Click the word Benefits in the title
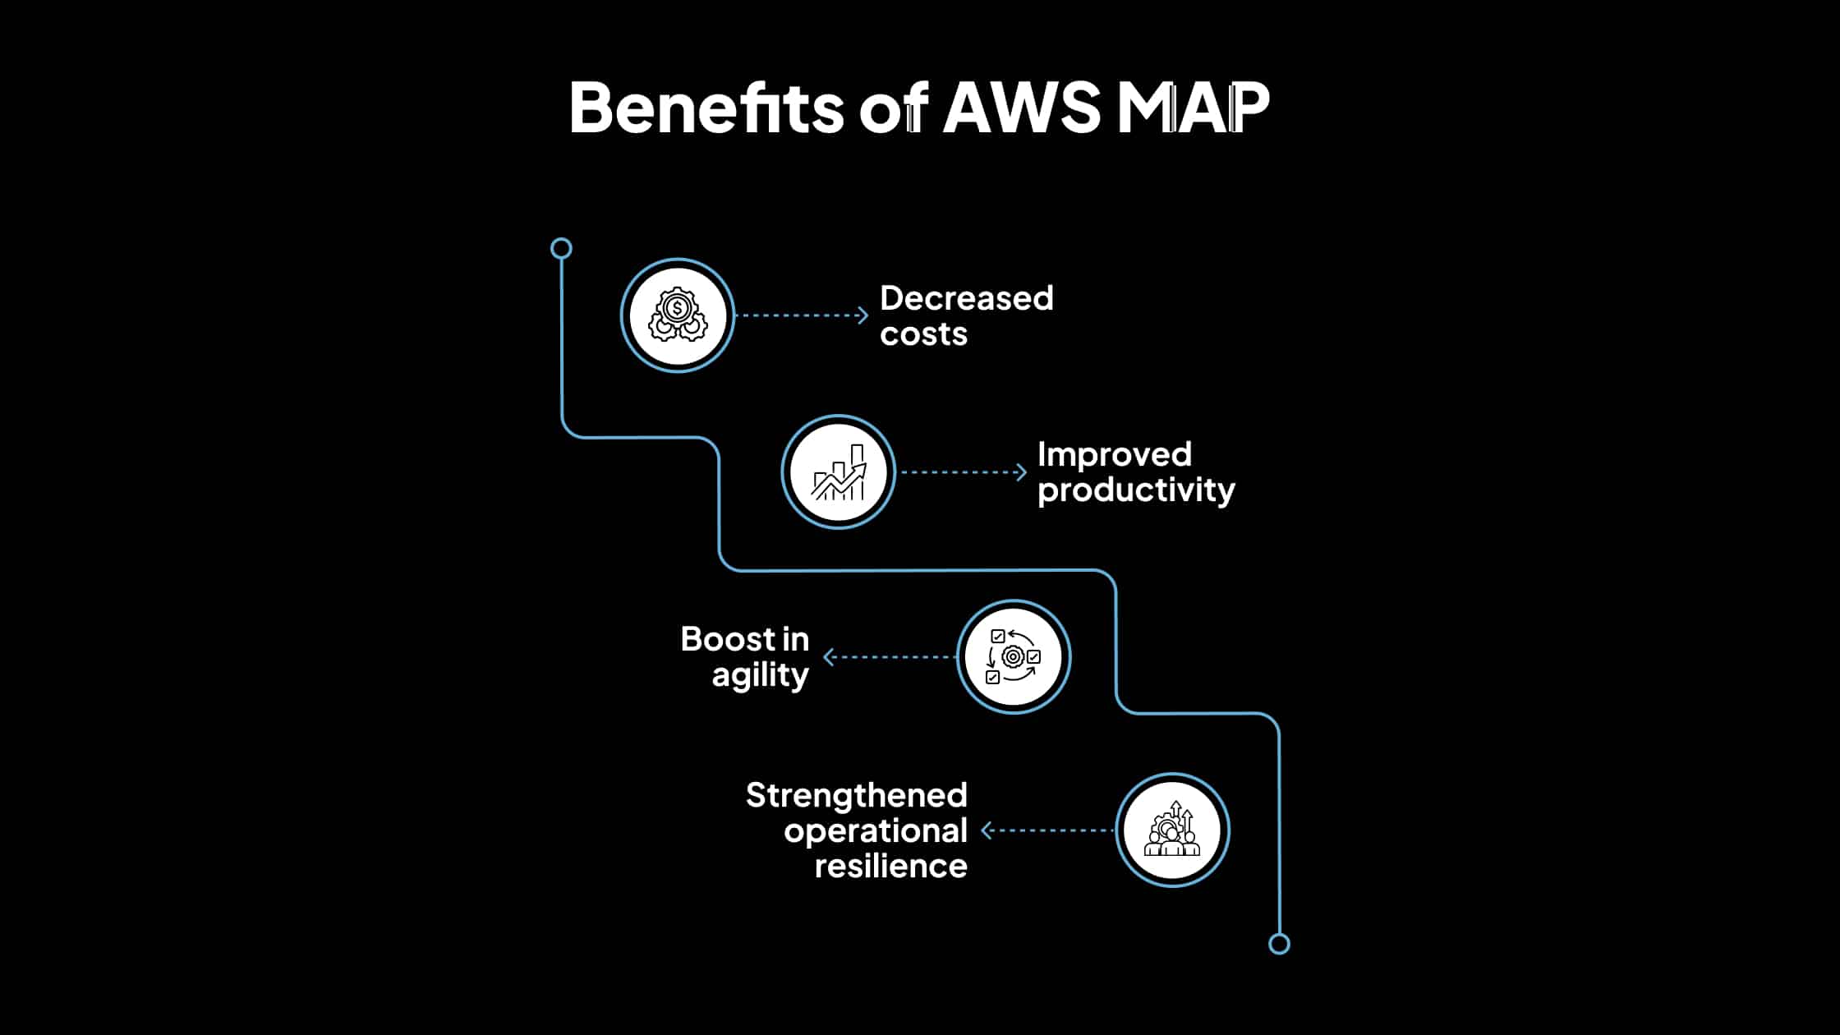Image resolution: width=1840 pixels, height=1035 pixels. [706, 108]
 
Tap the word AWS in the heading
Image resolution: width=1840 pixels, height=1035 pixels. [1021, 108]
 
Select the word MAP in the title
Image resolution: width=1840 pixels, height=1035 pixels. [1193, 108]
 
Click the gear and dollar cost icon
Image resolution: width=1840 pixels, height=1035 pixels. [678, 316]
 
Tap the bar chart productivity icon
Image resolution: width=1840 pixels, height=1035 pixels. [839, 472]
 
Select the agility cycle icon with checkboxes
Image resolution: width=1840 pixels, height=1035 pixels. [1014, 657]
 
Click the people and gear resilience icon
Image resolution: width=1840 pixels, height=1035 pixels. [1172, 830]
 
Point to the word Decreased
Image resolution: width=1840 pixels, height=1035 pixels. [966, 298]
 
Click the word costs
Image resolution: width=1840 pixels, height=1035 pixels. [923, 334]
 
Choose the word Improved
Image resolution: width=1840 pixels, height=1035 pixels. [1114, 454]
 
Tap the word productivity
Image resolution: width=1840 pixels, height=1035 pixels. [1136, 490]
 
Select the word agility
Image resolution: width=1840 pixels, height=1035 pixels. [760, 675]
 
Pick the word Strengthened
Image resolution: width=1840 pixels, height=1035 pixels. [856, 795]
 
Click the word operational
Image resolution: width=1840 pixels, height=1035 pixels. [876, 831]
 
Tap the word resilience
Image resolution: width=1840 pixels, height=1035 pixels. [890, 867]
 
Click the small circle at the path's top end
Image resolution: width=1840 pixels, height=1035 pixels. [561, 248]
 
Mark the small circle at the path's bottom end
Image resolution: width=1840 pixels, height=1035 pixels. [1279, 944]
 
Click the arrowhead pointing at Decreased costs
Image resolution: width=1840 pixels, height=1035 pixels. [862, 315]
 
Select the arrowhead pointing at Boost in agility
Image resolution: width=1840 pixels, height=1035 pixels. [829, 657]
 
